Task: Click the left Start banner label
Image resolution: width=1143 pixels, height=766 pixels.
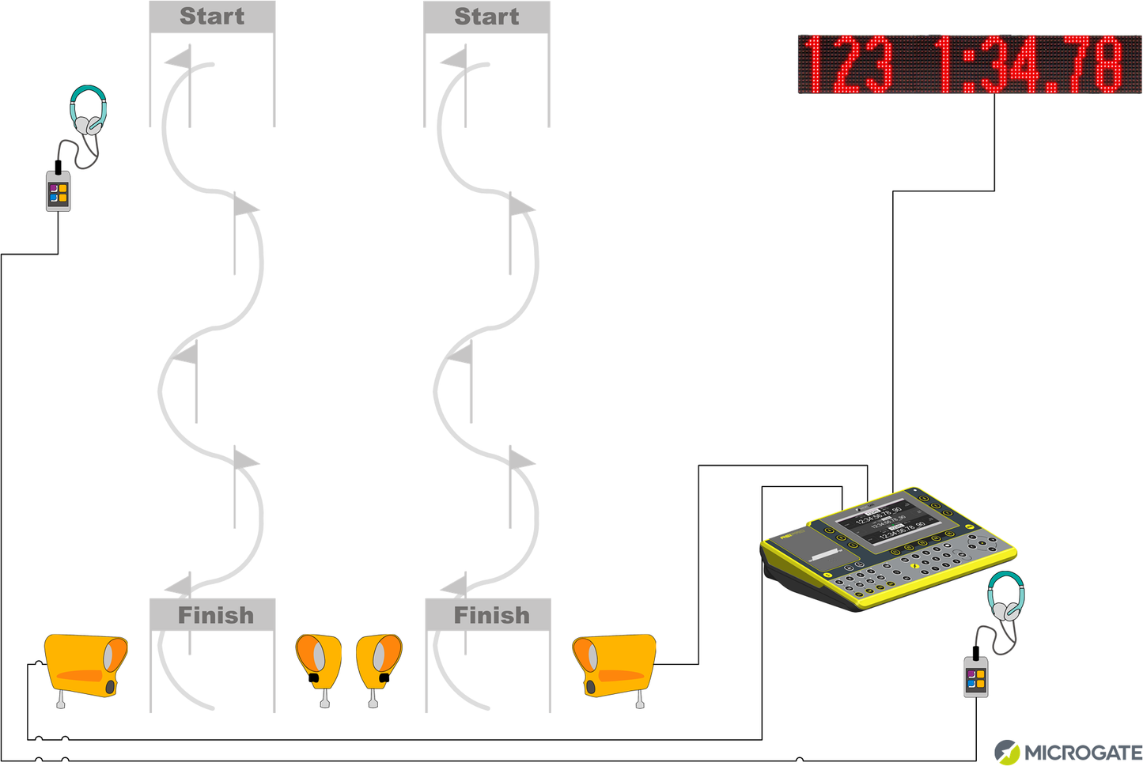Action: pos(212,17)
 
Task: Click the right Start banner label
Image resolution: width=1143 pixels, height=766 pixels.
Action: pos(486,17)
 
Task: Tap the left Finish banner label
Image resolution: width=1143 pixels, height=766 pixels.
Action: pos(215,615)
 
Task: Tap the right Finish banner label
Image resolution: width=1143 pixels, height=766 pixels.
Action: pos(491,615)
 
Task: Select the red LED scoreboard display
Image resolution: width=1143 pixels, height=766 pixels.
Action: pos(970,64)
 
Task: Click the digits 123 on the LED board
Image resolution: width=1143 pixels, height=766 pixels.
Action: pos(847,64)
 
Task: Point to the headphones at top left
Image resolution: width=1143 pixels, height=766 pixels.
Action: pos(88,110)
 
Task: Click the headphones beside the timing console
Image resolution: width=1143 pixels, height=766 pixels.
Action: pos(1006,597)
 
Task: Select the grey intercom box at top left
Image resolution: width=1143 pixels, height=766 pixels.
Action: pos(58,191)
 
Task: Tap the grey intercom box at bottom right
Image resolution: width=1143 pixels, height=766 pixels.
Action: pos(976,677)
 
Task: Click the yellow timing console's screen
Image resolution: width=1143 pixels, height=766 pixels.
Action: pos(889,523)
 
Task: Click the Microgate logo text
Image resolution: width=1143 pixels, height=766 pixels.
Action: pos(1083,753)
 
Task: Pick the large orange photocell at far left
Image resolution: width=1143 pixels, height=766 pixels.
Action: pos(85,664)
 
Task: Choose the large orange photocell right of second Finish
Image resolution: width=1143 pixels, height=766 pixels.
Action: pos(615,665)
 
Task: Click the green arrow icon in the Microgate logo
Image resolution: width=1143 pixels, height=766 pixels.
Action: pos(1007,752)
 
